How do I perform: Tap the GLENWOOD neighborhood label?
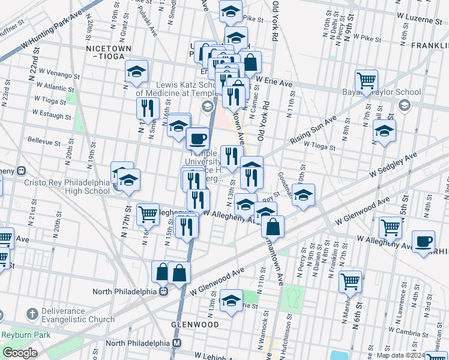coord(195,325)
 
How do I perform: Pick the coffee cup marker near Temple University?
coord(197,139)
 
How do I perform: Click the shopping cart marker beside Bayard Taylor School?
coord(366,80)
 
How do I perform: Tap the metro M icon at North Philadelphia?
coord(177,343)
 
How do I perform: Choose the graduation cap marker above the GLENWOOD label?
coord(231,301)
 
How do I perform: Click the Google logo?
coord(20,353)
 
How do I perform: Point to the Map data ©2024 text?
coord(412,355)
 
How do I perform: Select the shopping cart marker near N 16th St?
coord(148,214)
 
